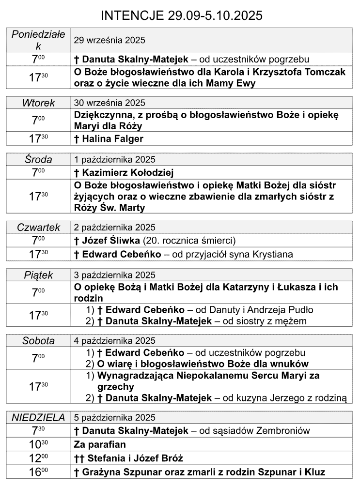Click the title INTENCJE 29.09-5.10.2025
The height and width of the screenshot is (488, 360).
[x=182, y=15]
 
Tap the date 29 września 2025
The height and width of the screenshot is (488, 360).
[x=110, y=40]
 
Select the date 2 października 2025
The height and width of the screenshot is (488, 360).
[x=114, y=227]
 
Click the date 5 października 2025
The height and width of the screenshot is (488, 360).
[x=114, y=417]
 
